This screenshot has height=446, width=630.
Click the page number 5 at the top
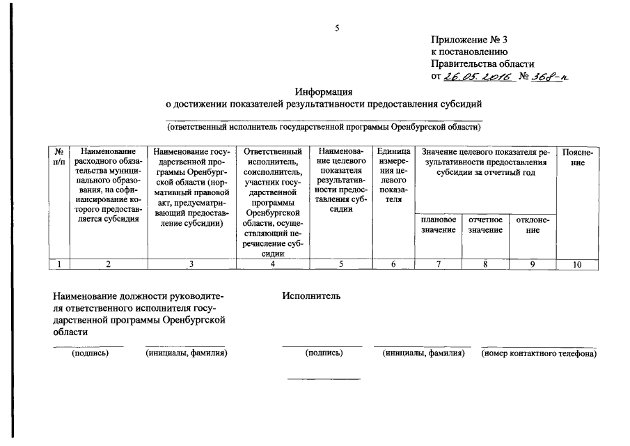pos(337,28)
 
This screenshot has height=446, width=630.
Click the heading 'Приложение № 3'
pos(474,40)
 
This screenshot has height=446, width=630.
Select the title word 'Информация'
pos(323,91)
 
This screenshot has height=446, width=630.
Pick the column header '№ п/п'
pos(61,157)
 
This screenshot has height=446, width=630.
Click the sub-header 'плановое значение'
pos(439,224)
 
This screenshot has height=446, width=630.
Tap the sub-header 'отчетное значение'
pos(485,224)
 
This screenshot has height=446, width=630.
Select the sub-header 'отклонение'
pos(533,224)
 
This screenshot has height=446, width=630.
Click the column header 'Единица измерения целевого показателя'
pos(393,174)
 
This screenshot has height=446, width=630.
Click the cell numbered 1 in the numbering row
pos(61,264)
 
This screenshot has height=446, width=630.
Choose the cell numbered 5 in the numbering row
pos(340,264)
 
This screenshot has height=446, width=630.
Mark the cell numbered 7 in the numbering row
pos(439,264)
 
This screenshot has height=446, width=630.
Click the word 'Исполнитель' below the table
pos(311,296)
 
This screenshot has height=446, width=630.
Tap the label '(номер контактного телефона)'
pos(539,353)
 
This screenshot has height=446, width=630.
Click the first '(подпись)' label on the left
pos(90,353)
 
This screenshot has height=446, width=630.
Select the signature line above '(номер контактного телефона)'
pos(539,346)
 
